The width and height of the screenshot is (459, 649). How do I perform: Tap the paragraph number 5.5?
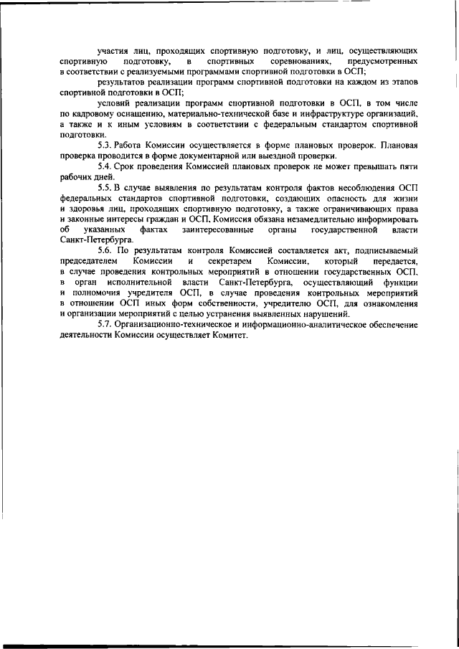pos(105,188)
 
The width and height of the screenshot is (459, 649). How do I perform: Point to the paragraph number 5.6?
pos(105,250)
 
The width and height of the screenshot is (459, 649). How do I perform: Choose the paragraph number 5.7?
pos(105,323)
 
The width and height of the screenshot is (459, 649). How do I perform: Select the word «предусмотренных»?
pos(382,62)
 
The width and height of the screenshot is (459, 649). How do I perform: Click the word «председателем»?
pos(90,261)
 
